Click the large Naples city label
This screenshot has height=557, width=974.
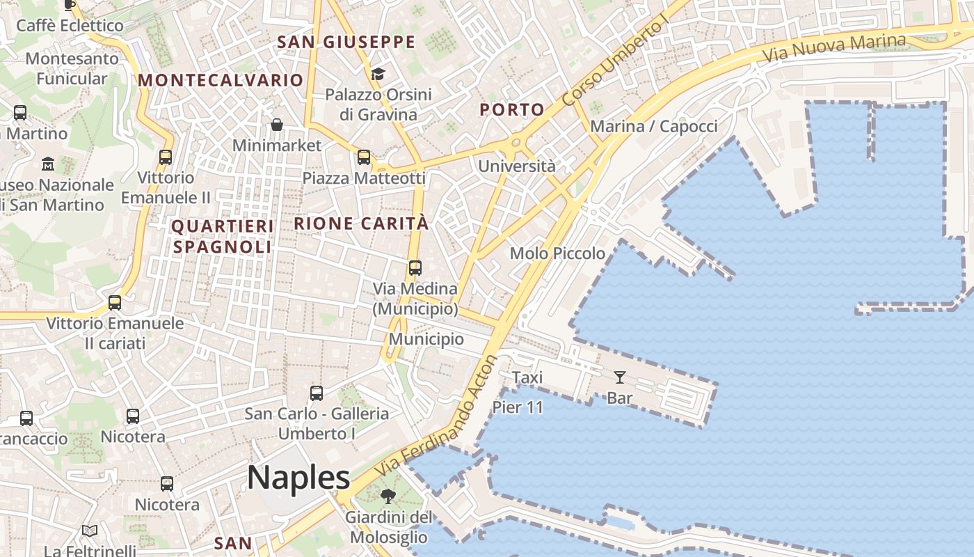pyautogui.click(x=298, y=478)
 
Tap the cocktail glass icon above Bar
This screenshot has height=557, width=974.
pyautogui.click(x=619, y=377)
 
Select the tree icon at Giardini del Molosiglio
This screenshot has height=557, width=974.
pyautogui.click(x=388, y=496)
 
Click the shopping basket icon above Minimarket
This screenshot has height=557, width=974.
pyautogui.click(x=277, y=125)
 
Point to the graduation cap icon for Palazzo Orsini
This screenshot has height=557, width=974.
pyautogui.click(x=378, y=74)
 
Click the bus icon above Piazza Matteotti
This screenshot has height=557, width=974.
pyautogui.click(x=364, y=157)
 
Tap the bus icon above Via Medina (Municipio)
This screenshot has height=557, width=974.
pyautogui.click(x=415, y=267)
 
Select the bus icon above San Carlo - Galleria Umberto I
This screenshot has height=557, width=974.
pyautogui.click(x=317, y=393)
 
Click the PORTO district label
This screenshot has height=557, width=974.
pyautogui.click(x=512, y=109)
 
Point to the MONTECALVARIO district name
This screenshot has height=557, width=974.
pyautogui.click(x=221, y=80)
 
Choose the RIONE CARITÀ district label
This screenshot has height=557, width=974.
pyautogui.click(x=361, y=223)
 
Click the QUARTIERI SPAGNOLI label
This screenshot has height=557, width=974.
pyautogui.click(x=222, y=237)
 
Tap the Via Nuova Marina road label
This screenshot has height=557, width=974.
pyautogui.click(x=834, y=47)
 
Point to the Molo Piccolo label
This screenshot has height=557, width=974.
pyautogui.click(x=557, y=253)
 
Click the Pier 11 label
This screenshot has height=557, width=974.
pyautogui.click(x=518, y=407)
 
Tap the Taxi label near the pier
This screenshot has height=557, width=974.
pyautogui.click(x=527, y=377)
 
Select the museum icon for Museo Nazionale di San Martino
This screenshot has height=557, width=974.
pyautogui.click(x=48, y=164)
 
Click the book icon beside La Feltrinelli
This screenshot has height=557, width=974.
pyautogui.click(x=90, y=531)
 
